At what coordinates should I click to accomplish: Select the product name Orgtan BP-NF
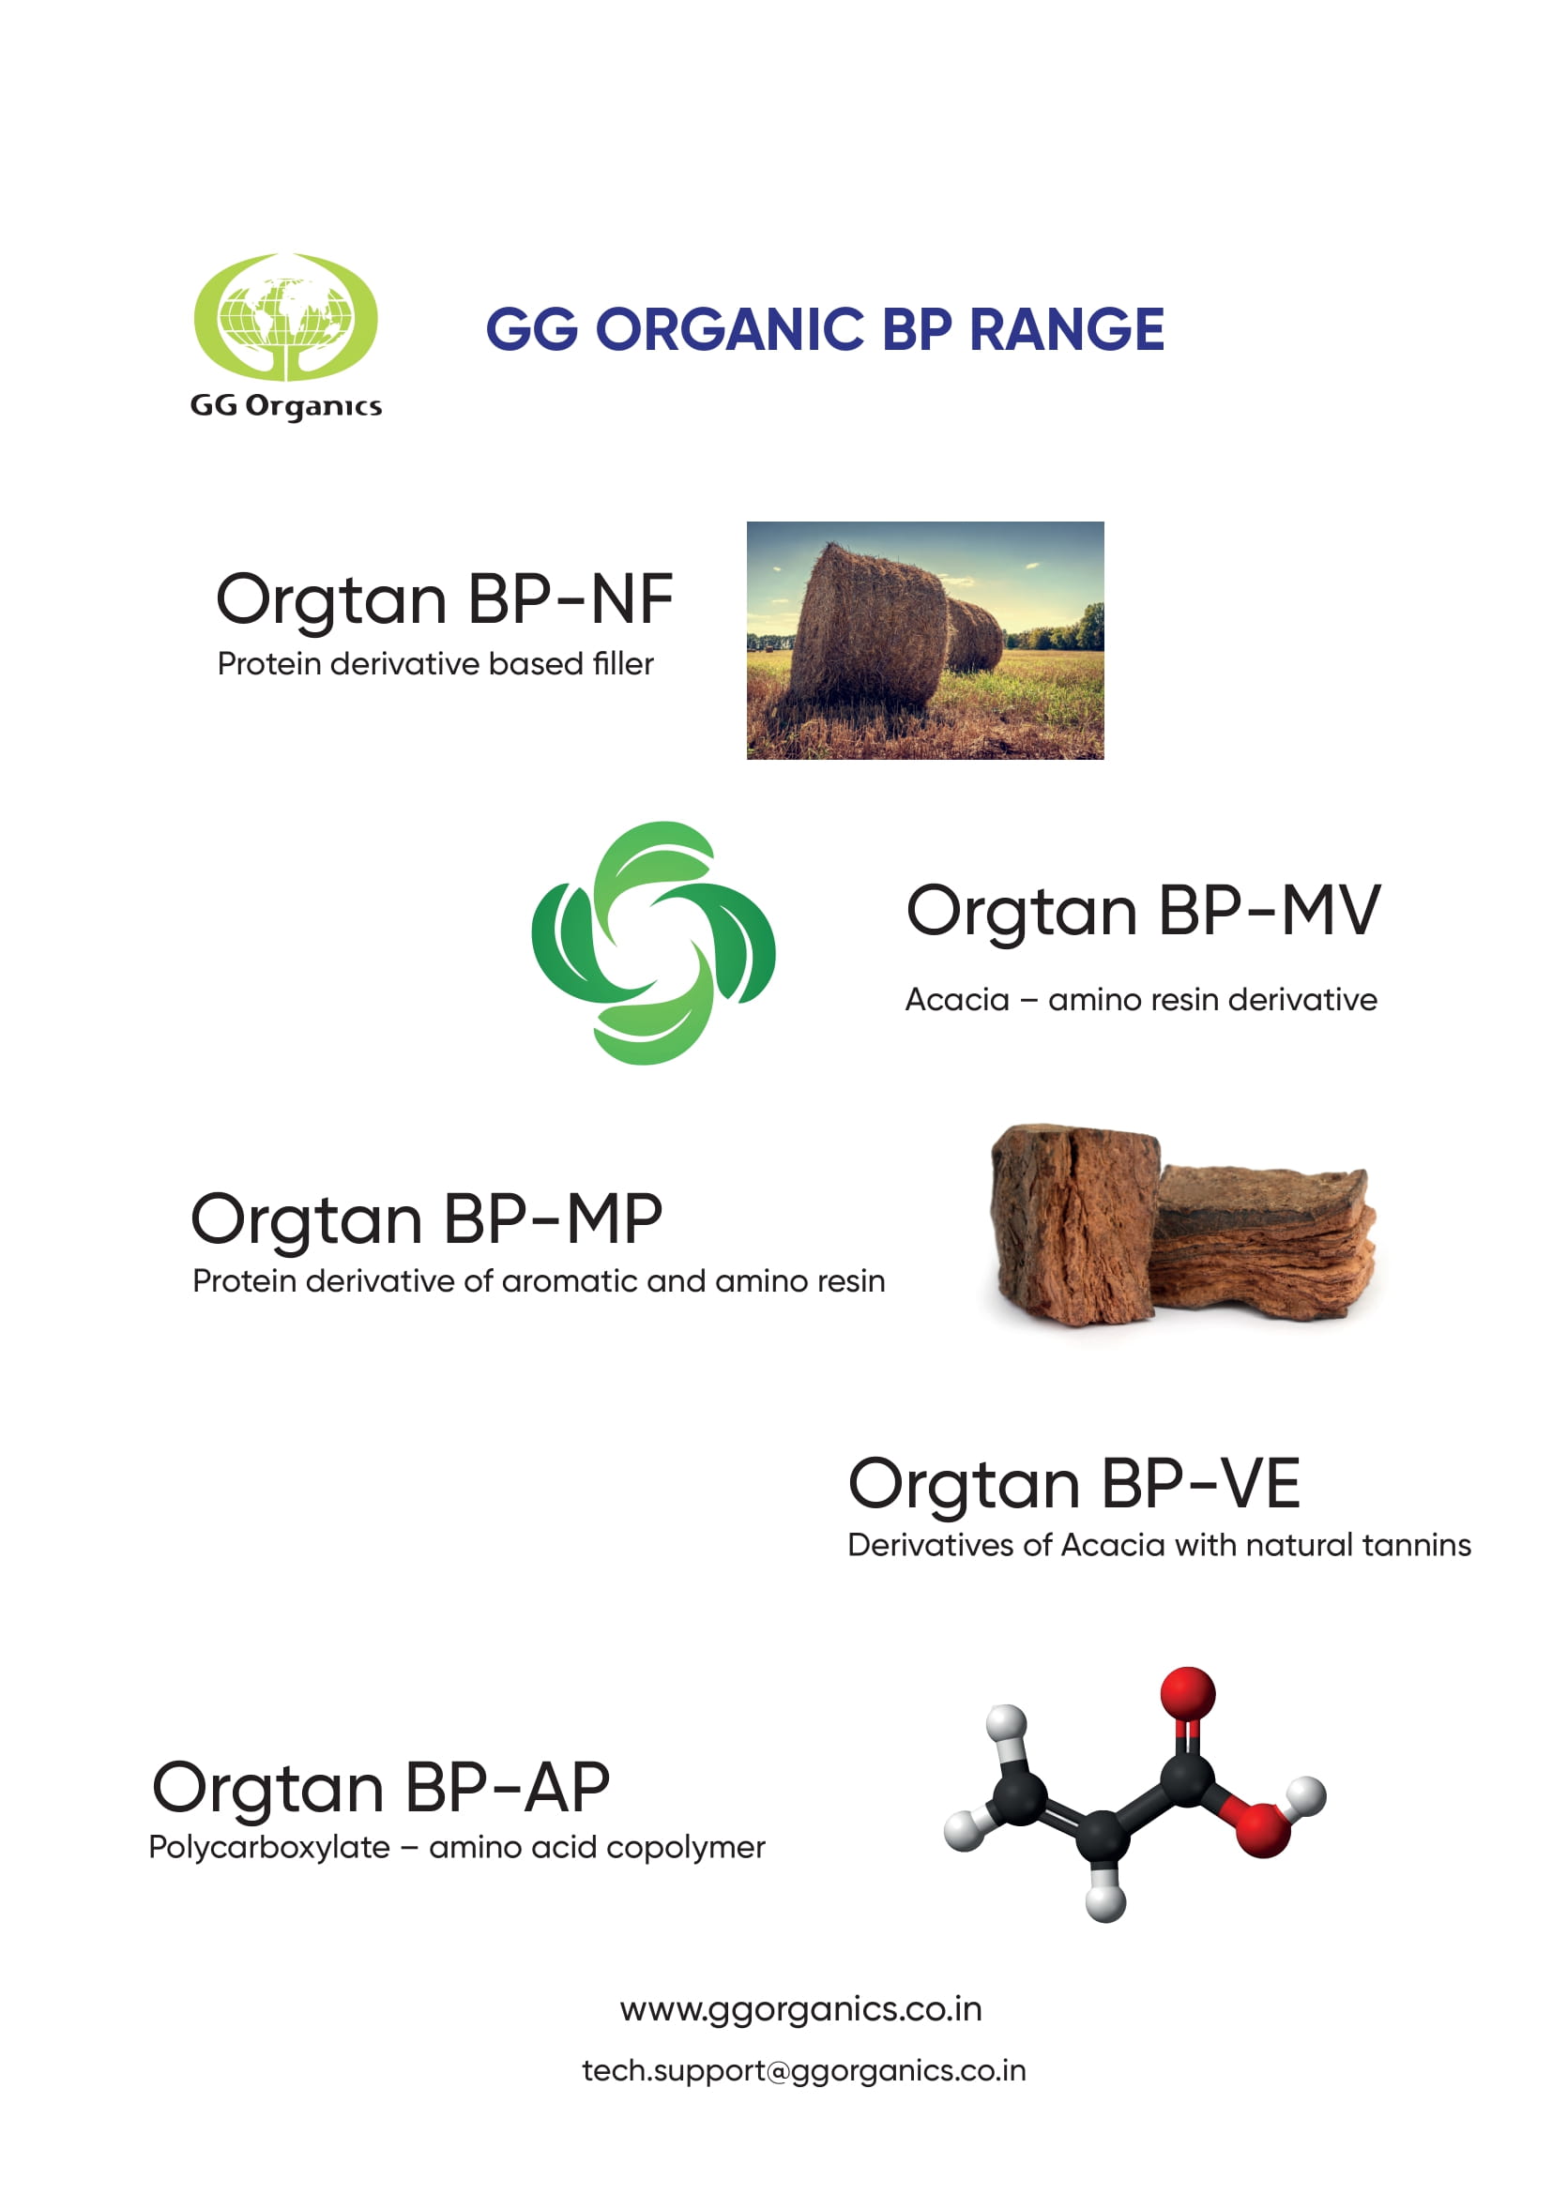coord(445,601)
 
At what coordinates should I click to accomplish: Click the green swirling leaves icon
coord(654,943)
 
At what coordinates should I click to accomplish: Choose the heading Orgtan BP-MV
coord(1143,913)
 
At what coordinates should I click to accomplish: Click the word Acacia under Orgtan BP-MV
coord(956,1000)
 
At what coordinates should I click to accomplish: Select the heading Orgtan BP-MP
coord(426,1222)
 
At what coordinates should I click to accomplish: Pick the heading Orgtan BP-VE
coord(1074,1486)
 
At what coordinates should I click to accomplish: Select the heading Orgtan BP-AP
coord(380,1790)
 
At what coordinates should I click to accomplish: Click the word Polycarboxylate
coord(269,1848)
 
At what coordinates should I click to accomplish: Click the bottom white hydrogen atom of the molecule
coord(1105,1901)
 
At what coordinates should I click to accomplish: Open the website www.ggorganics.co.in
coord(800,2009)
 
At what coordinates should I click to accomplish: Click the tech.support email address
coord(804,2071)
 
